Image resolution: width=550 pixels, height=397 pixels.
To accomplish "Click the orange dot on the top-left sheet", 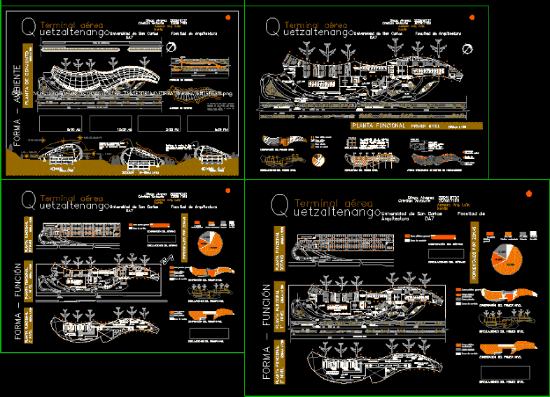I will click(227, 18).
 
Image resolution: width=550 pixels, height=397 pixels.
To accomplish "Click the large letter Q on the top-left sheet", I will click(29, 26).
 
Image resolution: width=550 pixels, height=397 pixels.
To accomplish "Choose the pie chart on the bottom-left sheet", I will click(212, 241).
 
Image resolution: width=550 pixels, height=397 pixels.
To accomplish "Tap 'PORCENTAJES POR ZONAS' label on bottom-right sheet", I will click(474, 249).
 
